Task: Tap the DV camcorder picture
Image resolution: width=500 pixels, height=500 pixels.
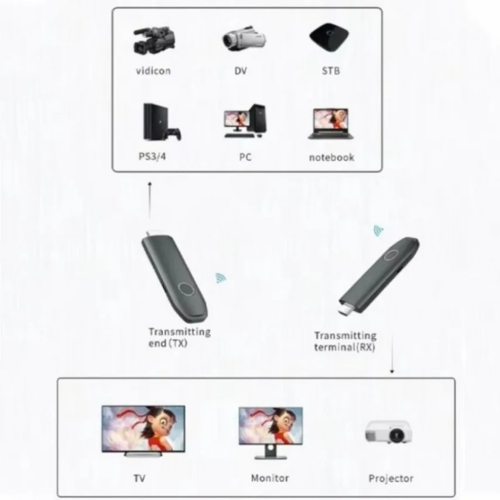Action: pyautogui.click(x=244, y=39)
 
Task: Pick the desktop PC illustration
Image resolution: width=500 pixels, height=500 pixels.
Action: pyautogui.click(x=244, y=122)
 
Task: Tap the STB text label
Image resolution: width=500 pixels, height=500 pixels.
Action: pyautogui.click(x=330, y=71)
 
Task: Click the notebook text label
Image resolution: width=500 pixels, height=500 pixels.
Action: pyautogui.click(x=331, y=157)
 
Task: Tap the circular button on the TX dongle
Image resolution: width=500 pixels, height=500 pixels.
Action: pyautogui.click(x=186, y=288)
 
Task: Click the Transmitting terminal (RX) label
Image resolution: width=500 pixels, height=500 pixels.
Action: pyautogui.click(x=345, y=341)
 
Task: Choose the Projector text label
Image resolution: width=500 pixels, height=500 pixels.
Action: pyautogui.click(x=391, y=478)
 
